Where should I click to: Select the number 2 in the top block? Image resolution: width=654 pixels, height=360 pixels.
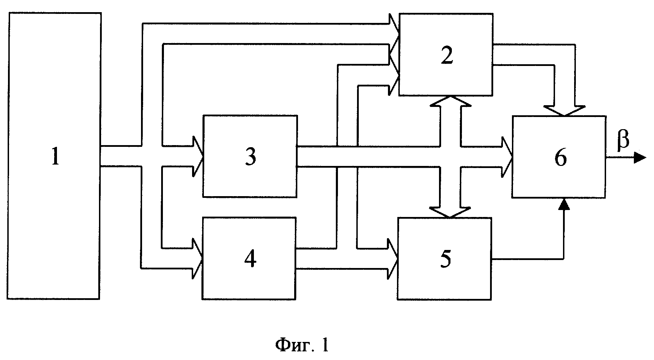point(447,56)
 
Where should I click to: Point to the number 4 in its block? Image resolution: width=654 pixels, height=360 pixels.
point(250,259)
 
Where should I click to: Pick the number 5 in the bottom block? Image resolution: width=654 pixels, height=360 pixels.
point(446,259)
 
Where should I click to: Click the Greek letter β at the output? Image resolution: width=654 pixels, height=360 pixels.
point(623,141)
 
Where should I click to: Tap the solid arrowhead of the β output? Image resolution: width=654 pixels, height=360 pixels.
point(640,158)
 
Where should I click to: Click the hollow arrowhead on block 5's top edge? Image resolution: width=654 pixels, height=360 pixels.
point(450,212)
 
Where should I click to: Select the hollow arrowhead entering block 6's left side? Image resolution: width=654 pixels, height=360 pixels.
point(507,157)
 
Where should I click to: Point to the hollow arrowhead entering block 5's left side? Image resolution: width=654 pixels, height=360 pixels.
point(394,259)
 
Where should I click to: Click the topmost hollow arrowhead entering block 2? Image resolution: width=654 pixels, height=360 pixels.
point(394,24)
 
